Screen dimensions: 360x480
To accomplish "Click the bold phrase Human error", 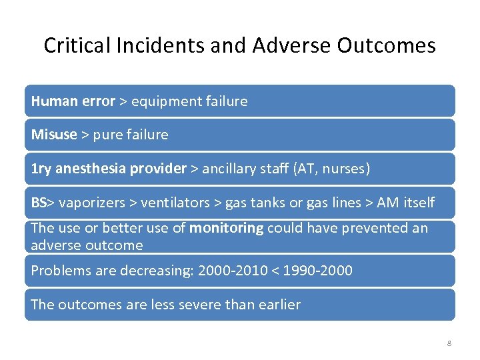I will (73, 101).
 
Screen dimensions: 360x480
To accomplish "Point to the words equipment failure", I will (189, 101).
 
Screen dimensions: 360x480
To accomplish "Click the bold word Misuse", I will (54, 135).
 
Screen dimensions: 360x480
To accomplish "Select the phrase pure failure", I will (130, 135).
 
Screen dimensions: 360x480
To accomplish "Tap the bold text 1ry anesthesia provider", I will (109, 169).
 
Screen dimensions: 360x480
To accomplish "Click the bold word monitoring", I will (227, 228).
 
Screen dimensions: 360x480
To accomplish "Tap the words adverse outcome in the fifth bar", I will (87, 245).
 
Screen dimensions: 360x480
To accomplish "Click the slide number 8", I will (449, 343).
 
